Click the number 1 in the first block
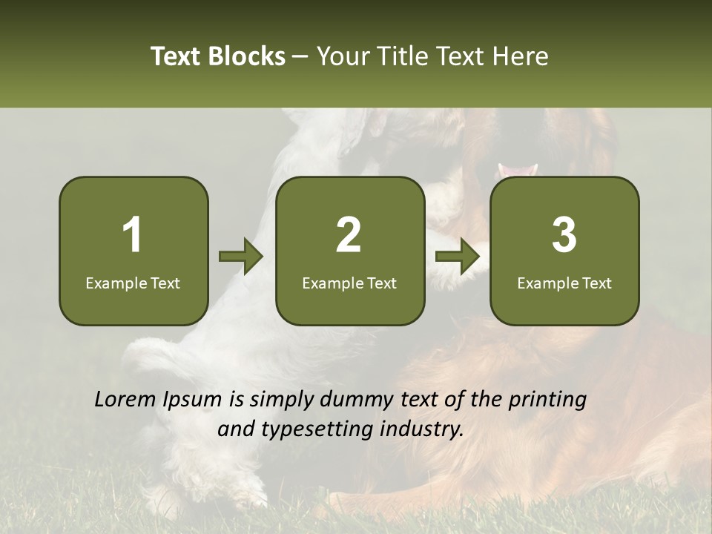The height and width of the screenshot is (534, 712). [x=133, y=235]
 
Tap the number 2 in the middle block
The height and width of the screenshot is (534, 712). [x=349, y=235]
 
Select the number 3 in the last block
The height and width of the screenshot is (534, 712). [x=564, y=235]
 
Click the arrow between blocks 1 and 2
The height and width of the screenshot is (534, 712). [x=241, y=257]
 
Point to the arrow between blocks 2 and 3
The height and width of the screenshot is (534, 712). [x=458, y=257]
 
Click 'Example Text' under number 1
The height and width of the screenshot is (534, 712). [x=133, y=283]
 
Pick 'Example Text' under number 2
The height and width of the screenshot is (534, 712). [x=349, y=283]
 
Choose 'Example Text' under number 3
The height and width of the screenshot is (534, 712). [x=564, y=283]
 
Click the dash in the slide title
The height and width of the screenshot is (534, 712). [x=300, y=57]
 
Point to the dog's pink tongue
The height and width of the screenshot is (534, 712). [x=518, y=171]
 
